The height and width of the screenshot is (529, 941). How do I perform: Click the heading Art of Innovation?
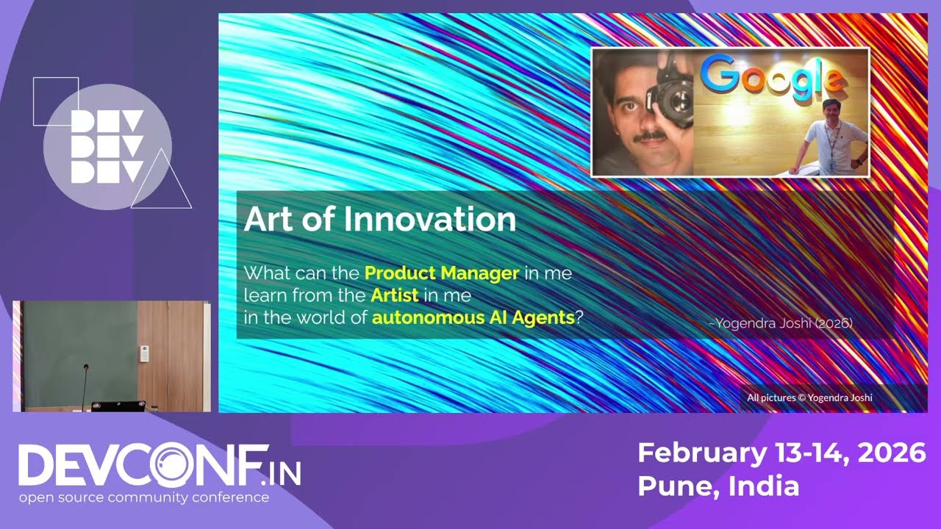click(x=379, y=220)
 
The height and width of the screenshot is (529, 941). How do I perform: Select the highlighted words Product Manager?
click(x=442, y=274)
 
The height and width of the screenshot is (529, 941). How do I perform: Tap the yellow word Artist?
click(x=395, y=296)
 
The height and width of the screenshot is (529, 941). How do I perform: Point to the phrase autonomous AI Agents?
click(x=473, y=318)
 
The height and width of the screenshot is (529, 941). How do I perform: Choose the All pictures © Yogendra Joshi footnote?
click(x=809, y=397)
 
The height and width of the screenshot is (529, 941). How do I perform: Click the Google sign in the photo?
click(x=770, y=76)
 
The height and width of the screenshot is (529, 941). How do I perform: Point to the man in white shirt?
click(x=830, y=140)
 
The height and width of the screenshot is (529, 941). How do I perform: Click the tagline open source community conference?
click(x=143, y=497)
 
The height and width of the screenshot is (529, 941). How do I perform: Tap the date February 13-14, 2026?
click(x=781, y=453)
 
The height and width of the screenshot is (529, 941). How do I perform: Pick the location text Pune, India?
click(x=718, y=486)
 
